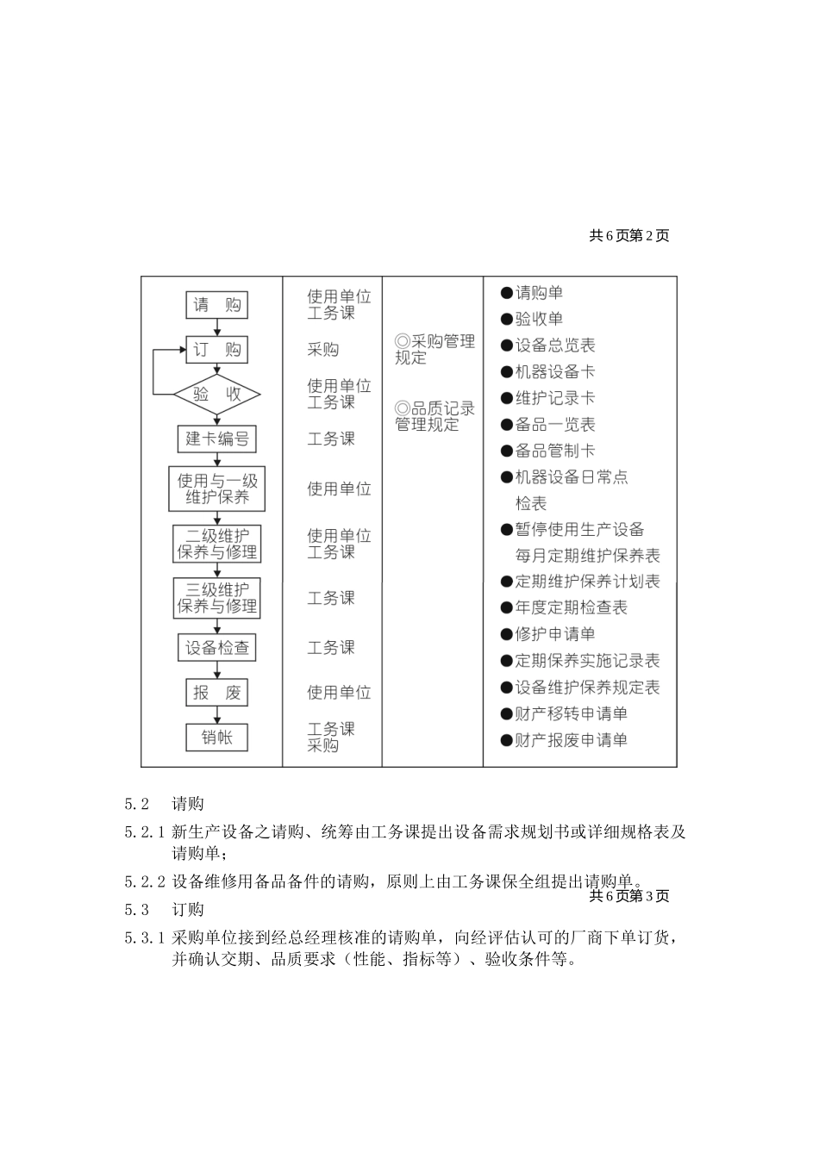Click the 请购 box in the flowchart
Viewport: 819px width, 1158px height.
216,304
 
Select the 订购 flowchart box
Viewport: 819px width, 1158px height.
216,349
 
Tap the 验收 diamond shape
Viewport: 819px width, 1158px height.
216,395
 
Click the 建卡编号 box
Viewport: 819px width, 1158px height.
216,439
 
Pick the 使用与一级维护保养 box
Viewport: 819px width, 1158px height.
216,489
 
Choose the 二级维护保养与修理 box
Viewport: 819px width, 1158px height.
216,544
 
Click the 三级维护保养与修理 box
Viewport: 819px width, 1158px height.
216,598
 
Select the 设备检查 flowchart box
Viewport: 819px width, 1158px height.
216,648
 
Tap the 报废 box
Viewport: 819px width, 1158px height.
216,692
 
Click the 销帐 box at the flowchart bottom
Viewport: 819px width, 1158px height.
216,737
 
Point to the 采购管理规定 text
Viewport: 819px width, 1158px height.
435,350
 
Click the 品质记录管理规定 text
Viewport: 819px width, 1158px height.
435,416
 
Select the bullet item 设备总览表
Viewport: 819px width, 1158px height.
554,346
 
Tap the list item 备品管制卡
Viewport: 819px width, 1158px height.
554,451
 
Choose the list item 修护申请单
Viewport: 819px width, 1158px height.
554,634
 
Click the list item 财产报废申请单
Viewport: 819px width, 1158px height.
570,740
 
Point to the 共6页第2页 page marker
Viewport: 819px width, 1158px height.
628,235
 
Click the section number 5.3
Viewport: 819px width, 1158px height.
137,910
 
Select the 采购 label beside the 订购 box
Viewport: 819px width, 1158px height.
323,349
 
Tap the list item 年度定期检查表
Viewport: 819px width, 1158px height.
570,607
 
